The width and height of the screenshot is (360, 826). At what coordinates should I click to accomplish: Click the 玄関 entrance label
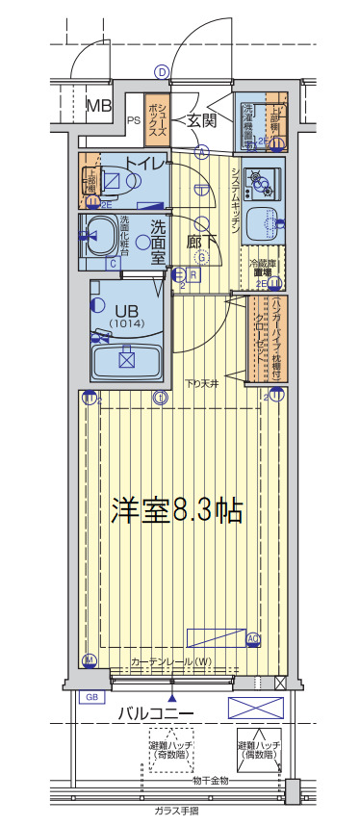click(x=201, y=120)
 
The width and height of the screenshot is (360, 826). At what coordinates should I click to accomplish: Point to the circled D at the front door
click(x=162, y=72)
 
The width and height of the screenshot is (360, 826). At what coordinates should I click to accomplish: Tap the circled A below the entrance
click(x=202, y=151)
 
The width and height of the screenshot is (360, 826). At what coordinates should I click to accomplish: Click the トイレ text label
click(x=143, y=163)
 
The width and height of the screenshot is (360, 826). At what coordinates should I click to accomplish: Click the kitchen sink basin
click(x=261, y=224)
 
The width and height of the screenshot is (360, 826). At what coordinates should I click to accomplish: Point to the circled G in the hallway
click(x=202, y=257)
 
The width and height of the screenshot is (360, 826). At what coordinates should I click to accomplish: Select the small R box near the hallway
click(x=193, y=274)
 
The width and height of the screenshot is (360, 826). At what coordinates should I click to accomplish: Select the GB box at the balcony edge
click(x=92, y=696)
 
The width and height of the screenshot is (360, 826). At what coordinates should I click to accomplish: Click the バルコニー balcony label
click(x=156, y=713)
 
